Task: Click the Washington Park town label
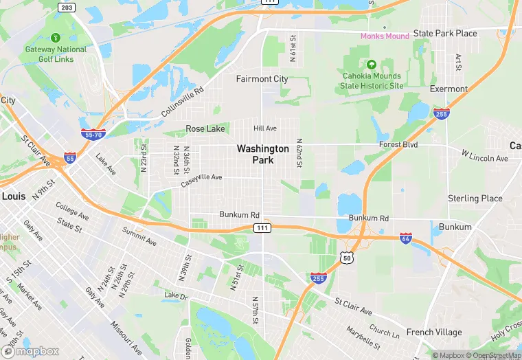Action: [x=262, y=154]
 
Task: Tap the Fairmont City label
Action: [x=262, y=79]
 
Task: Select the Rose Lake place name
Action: [x=205, y=128]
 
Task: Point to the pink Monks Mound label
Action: [x=385, y=36]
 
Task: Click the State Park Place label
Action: [x=445, y=33]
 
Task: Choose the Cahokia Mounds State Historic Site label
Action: [x=372, y=80]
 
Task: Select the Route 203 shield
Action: [x=67, y=7]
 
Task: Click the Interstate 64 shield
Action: [x=407, y=237]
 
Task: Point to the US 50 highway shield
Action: [x=348, y=257]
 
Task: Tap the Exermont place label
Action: [x=449, y=89]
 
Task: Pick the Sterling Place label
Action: [x=475, y=199]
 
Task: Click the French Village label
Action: [x=435, y=332]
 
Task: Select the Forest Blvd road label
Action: [x=398, y=145]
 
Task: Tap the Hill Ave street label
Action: [x=265, y=128]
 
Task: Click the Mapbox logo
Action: [x=30, y=351]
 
